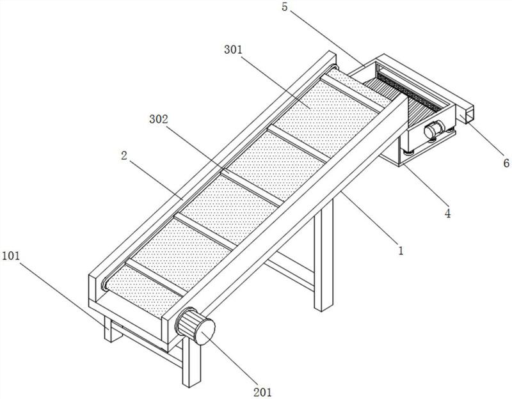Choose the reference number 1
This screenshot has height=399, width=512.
[x=401, y=251]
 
